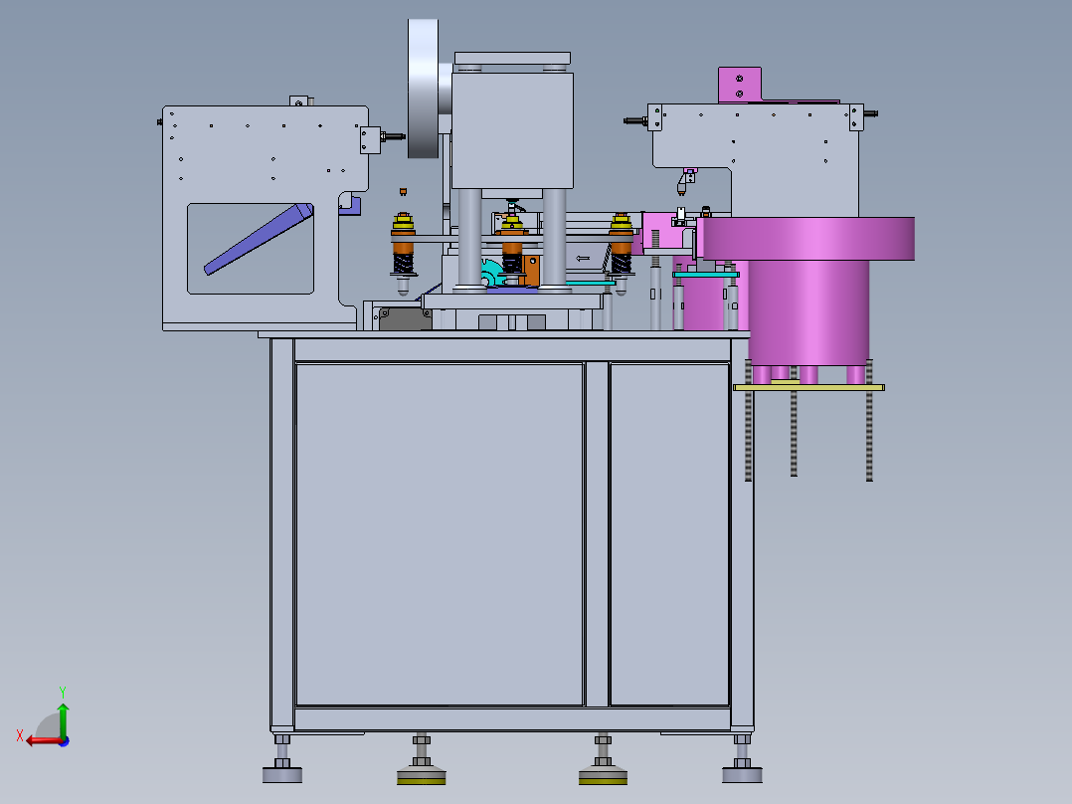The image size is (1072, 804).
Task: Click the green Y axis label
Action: pyautogui.click(x=63, y=692)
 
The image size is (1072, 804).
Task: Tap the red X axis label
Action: pyautogui.click(x=20, y=736)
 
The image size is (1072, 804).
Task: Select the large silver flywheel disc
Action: pyautogui.click(x=424, y=89)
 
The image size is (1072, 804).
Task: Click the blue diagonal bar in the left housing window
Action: pyautogui.click(x=259, y=239)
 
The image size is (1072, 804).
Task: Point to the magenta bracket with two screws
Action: pyautogui.click(x=740, y=85)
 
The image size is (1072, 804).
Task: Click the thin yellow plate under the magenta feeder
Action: pyautogui.click(x=808, y=387)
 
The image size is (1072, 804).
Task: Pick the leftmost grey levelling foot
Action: pyautogui.click(x=282, y=760)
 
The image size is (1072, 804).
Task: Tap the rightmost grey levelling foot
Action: pyautogui.click(x=743, y=760)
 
